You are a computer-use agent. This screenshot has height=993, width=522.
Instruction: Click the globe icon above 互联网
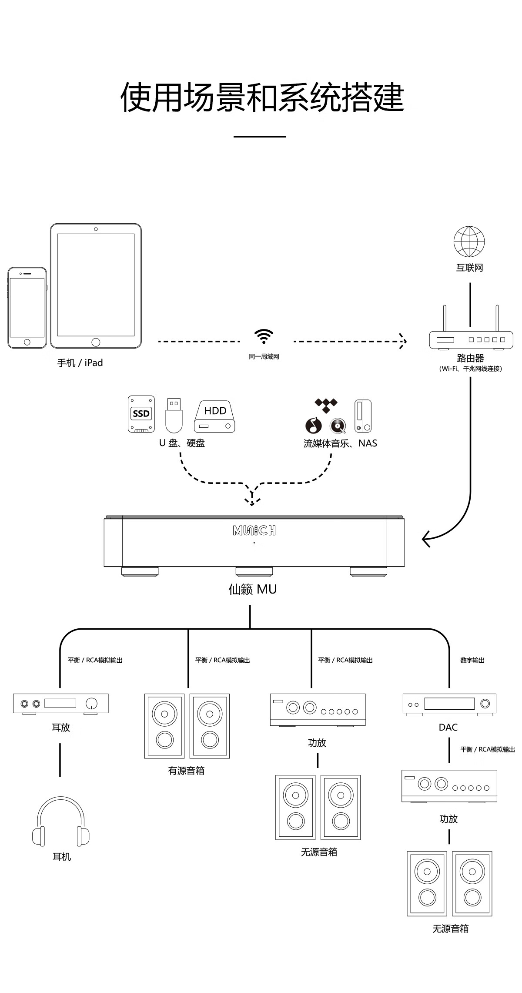point(469,242)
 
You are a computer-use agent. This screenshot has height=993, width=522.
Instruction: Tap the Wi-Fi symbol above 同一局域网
point(264,336)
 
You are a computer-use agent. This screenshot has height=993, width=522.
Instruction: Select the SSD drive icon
point(141,414)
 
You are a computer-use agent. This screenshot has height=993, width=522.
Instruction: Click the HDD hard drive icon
point(214,416)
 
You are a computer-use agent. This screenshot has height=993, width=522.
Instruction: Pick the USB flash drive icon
point(174,415)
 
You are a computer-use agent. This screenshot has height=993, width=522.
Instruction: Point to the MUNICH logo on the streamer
point(254,530)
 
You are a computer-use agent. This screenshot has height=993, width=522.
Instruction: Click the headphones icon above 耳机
point(61,822)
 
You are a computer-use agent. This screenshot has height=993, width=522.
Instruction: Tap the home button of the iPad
point(96,342)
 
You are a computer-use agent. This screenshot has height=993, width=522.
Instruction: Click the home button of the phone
point(27,342)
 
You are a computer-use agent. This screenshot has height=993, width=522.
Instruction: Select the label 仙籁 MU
point(253,589)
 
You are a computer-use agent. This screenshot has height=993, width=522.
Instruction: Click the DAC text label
point(448,727)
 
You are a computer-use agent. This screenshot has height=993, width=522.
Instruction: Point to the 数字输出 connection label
point(472,660)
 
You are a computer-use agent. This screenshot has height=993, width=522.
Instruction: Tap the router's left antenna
point(445,318)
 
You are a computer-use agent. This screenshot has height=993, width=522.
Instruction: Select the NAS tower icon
point(363,416)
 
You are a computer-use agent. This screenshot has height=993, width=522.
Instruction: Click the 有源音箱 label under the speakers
point(186,771)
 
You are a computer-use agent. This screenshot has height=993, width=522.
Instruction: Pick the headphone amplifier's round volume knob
point(92,704)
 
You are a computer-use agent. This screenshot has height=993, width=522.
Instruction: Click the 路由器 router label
point(471,358)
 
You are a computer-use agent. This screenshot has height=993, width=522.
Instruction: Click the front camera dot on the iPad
point(96,229)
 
